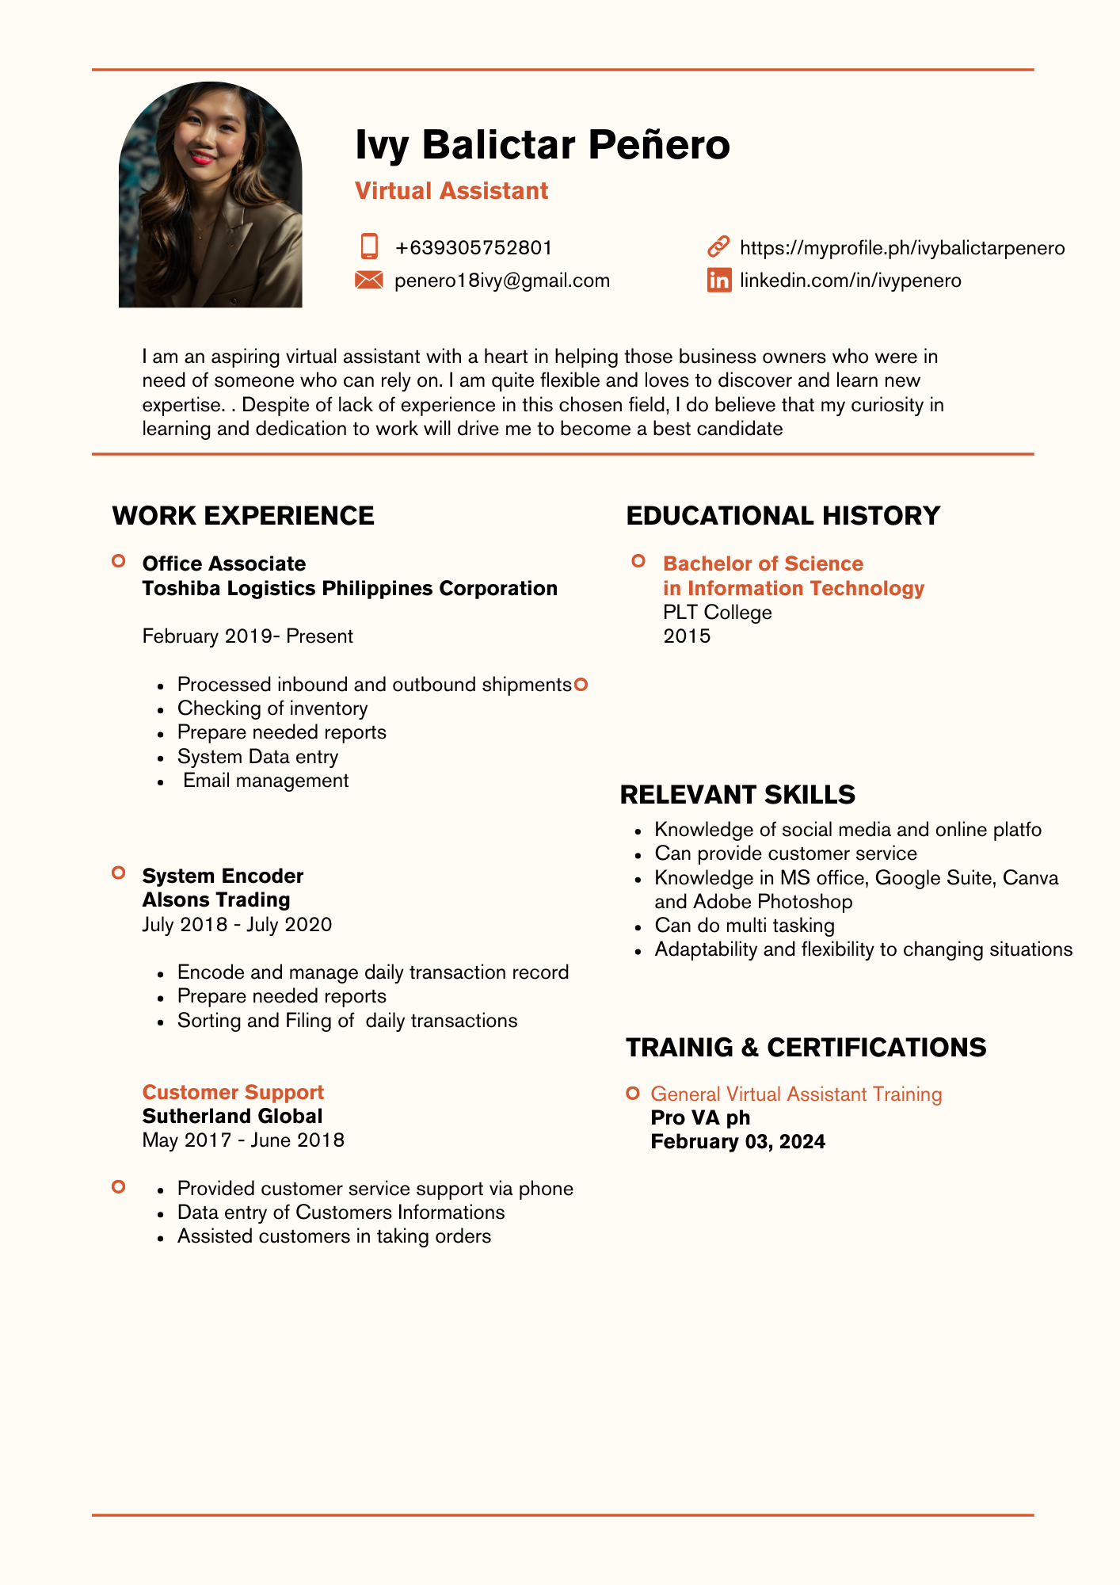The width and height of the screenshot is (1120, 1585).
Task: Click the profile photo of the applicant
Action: (210, 195)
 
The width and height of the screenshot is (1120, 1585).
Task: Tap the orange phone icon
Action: (369, 246)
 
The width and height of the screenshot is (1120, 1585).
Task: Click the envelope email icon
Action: (369, 280)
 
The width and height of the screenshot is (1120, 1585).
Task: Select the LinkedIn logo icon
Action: (719, 280)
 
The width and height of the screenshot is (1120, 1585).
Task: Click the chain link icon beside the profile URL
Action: (718, 246)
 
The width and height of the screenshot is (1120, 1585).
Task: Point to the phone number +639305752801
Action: (473, 248)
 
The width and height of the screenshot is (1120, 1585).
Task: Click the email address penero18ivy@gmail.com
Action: (501, 281)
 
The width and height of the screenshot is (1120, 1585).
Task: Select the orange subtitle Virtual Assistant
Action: (451, 191)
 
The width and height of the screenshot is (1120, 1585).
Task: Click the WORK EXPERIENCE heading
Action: (243, 516)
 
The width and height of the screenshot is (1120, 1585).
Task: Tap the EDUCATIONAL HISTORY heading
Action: (783, 516)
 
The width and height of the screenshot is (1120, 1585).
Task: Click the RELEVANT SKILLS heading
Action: (737, 794)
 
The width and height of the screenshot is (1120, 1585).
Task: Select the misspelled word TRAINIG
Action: (680, 1048)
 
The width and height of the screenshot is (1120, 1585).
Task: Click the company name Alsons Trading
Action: (216, 900)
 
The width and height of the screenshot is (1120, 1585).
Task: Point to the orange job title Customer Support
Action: (233, 1092)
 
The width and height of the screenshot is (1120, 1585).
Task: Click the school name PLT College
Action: (717, 613)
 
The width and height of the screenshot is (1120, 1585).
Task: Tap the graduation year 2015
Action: (687, 636)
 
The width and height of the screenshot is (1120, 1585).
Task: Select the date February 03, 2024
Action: (737, 1142)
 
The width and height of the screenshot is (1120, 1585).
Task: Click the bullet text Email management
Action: (265, 781)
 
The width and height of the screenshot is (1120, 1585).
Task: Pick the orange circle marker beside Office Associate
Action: (119, 562)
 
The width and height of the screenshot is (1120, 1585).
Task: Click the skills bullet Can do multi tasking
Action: (744, 926)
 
